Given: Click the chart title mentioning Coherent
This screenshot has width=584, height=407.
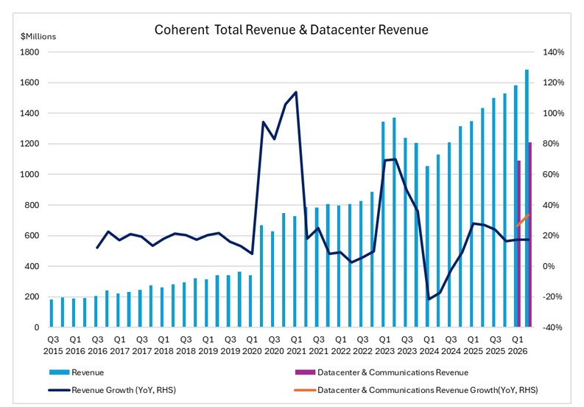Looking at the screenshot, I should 291,30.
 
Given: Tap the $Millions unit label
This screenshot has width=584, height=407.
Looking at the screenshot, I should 38,35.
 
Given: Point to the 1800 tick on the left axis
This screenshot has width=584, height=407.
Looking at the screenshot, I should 30,52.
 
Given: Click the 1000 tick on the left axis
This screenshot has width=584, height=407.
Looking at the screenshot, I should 30,175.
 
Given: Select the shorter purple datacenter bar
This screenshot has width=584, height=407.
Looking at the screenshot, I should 519,243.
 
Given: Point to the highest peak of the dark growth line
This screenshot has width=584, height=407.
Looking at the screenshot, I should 295,92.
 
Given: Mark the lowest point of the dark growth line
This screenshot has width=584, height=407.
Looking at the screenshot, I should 429,299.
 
